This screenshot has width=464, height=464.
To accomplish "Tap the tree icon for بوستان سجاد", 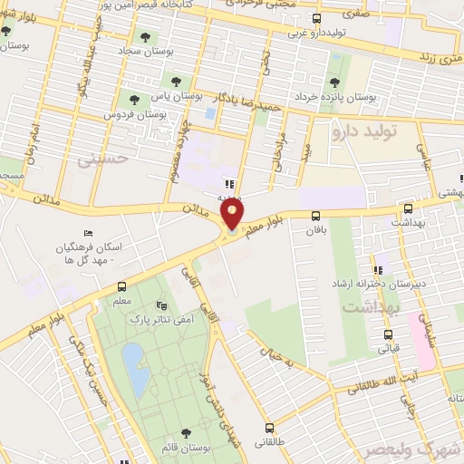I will (x=146, y=36).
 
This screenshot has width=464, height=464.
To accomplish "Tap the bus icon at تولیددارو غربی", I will (x=317, y=17).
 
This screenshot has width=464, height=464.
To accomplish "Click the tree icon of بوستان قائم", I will (x=186, y=433).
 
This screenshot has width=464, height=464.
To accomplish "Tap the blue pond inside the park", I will (x=132, y=363).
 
